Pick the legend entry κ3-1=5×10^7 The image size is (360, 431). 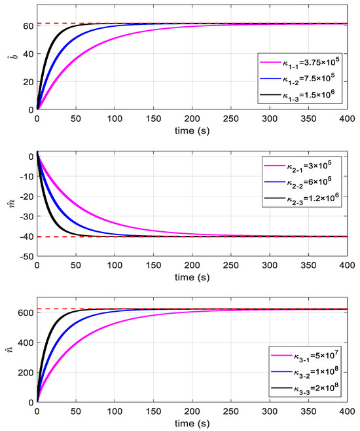tap(309, 357)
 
